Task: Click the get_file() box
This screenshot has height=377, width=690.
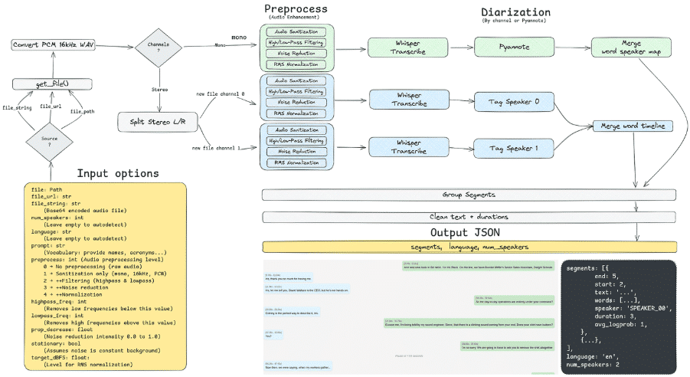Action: pos(51,82)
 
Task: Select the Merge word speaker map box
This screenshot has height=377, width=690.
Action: pos(632,46)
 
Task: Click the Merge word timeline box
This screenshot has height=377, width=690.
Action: pos(632,126)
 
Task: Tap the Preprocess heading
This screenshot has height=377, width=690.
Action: pos(296,10)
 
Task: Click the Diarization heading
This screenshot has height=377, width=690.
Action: pos(516,12)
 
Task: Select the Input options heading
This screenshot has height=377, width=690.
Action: pos(118,173)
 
